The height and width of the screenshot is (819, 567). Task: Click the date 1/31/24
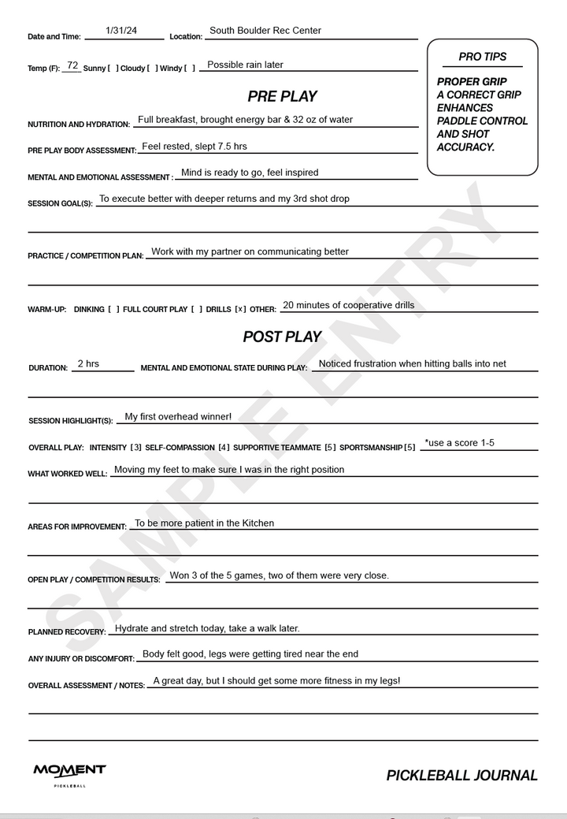pos(121,31)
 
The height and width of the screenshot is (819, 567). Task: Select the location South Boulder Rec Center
pos(265,31)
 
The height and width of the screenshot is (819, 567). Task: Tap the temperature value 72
pos(72,65)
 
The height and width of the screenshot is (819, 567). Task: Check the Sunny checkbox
pos(112,69)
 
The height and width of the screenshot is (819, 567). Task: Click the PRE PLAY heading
pos(282,96)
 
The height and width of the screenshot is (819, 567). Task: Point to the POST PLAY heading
pos(282,337)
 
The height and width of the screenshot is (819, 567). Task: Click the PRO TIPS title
pos(482,57)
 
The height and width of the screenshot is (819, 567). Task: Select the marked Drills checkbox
pos(240,309)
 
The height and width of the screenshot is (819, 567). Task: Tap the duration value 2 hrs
pos(88,363)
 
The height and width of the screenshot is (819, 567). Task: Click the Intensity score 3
pos(136,448)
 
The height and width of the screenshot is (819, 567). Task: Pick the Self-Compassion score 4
pos(224,448)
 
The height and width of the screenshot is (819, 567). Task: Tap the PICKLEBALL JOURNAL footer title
pos(461,776)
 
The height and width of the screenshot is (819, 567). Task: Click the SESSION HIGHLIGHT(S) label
pos(71,421)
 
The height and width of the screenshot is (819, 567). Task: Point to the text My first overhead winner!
pos(178,416)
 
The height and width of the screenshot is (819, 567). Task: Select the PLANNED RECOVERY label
pos(67,632)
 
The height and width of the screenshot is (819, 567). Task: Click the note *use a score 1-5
pos(460,443)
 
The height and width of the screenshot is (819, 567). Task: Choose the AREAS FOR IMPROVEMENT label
pos(77,527)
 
